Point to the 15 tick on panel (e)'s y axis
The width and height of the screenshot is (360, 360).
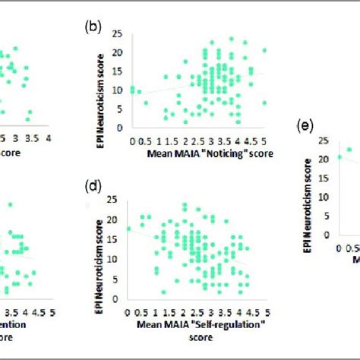325,177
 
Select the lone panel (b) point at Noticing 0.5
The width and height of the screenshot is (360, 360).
147,102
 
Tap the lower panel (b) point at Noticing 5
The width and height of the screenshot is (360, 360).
264,103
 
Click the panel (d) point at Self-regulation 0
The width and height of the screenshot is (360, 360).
129,228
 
